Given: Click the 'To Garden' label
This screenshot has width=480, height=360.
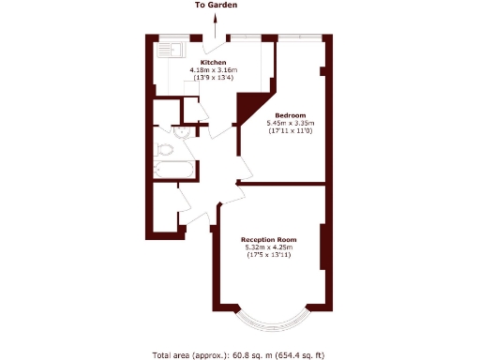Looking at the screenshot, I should pos(216,6).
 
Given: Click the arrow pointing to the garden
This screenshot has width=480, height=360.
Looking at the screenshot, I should pos(216,28).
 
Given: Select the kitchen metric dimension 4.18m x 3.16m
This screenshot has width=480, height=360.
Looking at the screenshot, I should pos(214,70).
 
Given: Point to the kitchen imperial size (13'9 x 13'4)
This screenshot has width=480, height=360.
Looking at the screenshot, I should pos(214,78).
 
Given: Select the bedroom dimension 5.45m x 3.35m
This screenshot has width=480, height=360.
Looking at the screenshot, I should pos(291,124).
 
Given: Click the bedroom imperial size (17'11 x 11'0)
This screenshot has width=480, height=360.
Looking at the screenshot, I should pos(291,131).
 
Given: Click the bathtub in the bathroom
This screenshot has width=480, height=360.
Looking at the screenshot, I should pos(174,172).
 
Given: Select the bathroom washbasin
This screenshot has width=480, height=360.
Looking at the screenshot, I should pos(181,132).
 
